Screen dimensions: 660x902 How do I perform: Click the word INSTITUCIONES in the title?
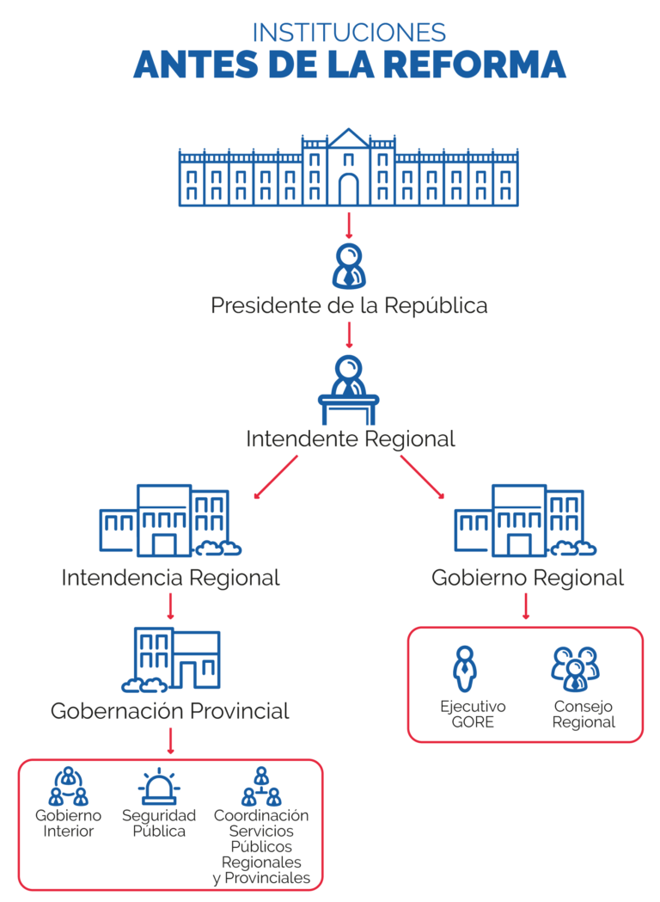tap(349, 32)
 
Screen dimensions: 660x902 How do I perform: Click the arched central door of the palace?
tap(348, 188)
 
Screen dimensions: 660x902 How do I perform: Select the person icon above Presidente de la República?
tap(349, 266)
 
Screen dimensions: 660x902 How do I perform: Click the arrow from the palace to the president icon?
tap(349, 225)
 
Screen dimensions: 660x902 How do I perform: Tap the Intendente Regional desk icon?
tap(349, 390)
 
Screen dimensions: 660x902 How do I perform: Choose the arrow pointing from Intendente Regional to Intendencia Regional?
tap(276, 477)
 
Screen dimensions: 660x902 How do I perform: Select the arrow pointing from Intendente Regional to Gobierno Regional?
tap(423, 477)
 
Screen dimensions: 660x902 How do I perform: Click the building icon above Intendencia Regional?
tap(170, 520)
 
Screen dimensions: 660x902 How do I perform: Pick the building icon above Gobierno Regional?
tap(525, 520)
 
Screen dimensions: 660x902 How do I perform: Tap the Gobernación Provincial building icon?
tap(171, 660)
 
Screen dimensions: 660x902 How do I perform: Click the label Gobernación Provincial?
tap(170, 711)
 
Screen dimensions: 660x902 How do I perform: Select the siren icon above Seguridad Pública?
tap(159, 786)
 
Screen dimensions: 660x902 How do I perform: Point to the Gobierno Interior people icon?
tap(69, 786)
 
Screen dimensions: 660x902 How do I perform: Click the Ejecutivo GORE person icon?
tap(465, 669)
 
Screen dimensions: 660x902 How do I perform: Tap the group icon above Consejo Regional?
tap(576, 669)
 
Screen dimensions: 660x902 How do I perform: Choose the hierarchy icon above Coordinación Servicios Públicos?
tap(261, 787)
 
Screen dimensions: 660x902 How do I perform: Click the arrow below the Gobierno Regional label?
tap(526, 606)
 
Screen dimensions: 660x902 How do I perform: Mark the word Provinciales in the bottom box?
tap(267, 878)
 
